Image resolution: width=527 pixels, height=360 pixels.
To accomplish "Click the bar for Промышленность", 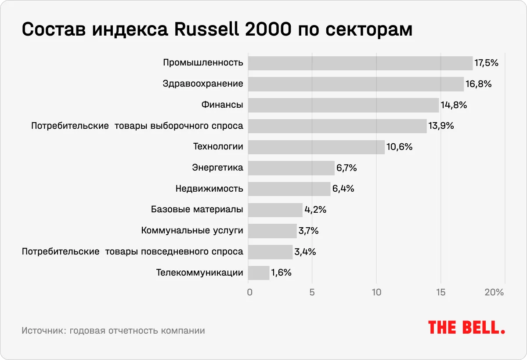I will [360, 63].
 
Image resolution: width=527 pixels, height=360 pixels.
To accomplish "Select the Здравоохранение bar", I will [356, 84].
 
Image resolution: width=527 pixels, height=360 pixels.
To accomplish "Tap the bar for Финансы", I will [343, 105].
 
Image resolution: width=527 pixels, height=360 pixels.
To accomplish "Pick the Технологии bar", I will [316, 147].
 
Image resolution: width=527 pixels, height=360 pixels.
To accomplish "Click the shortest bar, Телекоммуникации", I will [259, 273].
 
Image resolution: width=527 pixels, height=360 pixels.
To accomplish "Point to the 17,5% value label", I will [486, 63].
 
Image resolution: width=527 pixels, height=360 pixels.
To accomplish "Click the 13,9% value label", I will [441, 126].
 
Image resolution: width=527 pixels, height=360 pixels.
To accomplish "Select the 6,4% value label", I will [343, 189].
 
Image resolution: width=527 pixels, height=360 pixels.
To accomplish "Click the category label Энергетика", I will [217, 168].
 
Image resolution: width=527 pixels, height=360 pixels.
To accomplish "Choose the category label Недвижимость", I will [209, 189].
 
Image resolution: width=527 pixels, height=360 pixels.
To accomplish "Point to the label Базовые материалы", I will [197, 210].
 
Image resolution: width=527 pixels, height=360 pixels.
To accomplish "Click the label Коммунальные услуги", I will [192, 231].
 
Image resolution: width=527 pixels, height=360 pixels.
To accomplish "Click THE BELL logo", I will [466, 327].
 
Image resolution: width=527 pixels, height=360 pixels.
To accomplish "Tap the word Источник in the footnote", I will [43, 331].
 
